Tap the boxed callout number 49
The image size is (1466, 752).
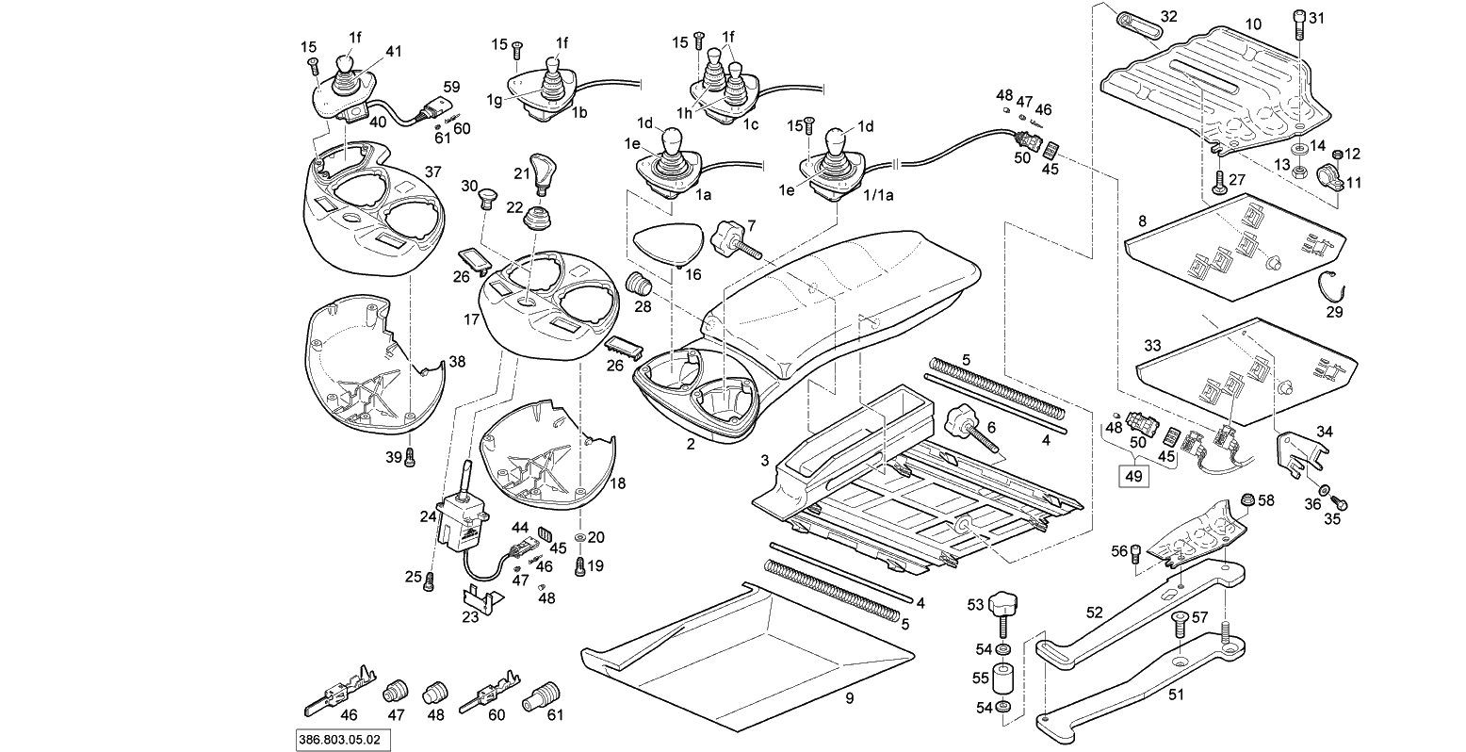pyautogui.click(x=1132, y=476)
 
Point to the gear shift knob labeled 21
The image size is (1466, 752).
pyautogui.click(x=542, y=172)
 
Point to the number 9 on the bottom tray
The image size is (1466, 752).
pyautogui.click(x=849, y=698)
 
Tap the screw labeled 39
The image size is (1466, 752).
pyautogui.click(x=411, y=456)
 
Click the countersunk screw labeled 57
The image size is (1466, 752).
pyautogui.click(x=1179, y=626)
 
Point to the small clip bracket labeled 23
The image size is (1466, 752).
pyautogui.click(x=481, y=597)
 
